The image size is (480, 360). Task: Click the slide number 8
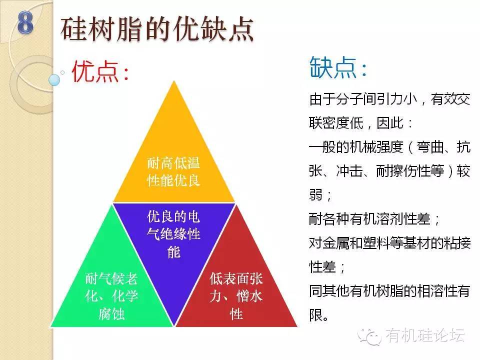pyautogui.click(x=25, y=22)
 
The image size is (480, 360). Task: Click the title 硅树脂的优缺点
pyautogui.click(x=157, y=29)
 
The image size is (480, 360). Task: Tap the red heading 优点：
pyautogui.click(x=100, y=71)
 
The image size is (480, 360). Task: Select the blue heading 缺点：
pyautogui.click(x=338, y=67)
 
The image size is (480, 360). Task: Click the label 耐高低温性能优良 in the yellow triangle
pyautogui.click(x=173, y=171)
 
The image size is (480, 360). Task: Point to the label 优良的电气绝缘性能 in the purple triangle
pyautogui.click(x=173, y=234)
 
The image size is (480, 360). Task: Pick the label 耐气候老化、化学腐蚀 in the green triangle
pyautogui.click(x=111, y=296)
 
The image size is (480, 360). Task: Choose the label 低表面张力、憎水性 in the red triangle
pyautogui.click(x=236, y=296)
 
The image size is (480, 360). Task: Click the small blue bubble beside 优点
pyautogui.click(x=54, y=80)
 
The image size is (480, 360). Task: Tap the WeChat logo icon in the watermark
pyautogui.click(x=369, y=336)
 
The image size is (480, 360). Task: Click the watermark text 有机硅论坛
pyautogui.click(x=425, y=335)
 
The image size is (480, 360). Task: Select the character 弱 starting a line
pyautogui.click(x=315, y=195)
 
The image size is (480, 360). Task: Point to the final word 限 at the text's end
pyautogui.click(x=315, y=315)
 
